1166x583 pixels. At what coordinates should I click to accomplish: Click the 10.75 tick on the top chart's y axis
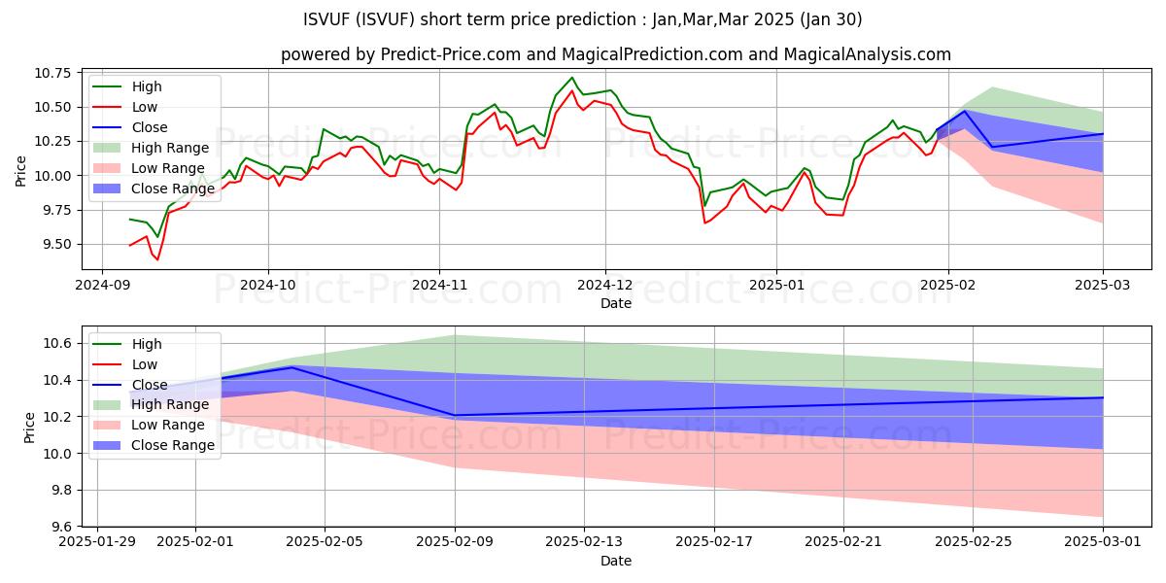[x=56, y=73]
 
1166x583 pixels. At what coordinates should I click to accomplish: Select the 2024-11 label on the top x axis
[x=438, y=287]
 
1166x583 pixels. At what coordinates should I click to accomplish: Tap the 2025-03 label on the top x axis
[x=1103, y=287]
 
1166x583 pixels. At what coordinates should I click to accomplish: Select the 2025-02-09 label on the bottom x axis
[x=455, y=544]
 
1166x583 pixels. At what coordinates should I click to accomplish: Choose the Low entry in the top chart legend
[x=145, y=107]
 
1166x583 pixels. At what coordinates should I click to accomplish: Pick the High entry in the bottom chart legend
[x=147, y=344]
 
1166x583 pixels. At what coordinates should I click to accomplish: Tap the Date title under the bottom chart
[x=616, y=562]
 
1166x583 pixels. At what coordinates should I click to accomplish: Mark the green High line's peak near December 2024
[x=571, y=78]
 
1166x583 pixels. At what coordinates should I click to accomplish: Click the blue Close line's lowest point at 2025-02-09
[x=455, y=415]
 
